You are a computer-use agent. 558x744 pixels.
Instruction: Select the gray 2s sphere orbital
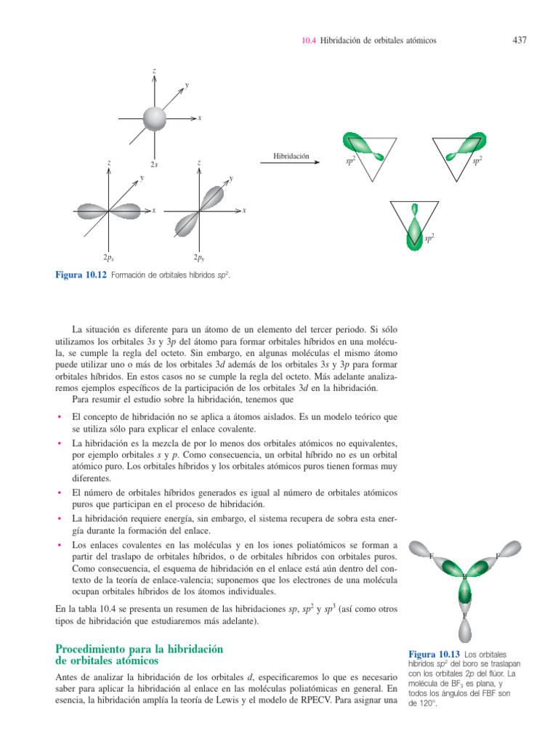pos(154,117)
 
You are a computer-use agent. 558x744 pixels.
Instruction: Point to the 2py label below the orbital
pos(198,257)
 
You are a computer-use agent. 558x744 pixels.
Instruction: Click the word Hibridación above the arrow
pos(291,155)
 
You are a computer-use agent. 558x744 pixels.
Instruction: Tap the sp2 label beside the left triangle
pos(350,161)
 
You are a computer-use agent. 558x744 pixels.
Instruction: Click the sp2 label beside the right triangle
pos(478,159)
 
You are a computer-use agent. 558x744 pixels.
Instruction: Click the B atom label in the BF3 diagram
pos(465,577)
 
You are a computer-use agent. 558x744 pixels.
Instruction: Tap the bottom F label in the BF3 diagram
pos(465,616)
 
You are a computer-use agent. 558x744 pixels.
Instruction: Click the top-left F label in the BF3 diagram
pos(432,557)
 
